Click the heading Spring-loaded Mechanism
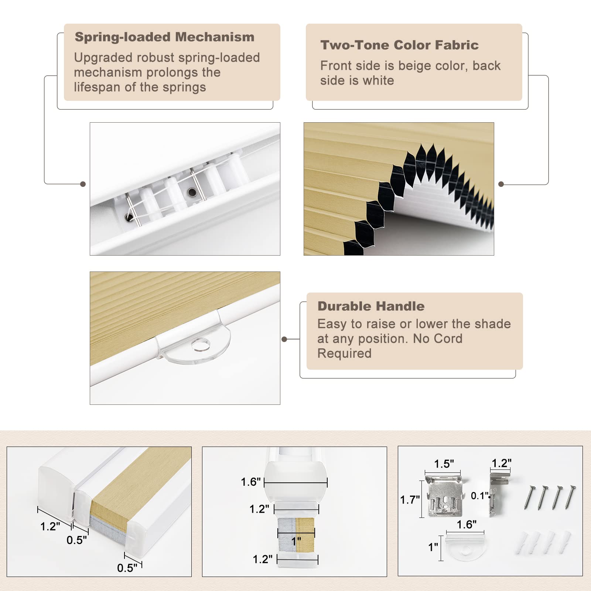pos(164,37)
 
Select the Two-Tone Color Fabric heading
pos(399,45)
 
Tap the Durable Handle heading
pos(371,306)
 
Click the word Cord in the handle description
pos(448,338)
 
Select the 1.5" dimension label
pos(444,464)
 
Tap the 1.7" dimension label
pos(410,500)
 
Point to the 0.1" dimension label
pos(479,496)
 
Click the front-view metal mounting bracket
pos(445,496)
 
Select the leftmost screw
pos(530,498)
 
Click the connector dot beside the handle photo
pos(284,339)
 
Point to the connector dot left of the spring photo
pos(83,184)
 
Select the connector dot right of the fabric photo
pos(501,184)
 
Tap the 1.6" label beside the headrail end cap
pos(251,482)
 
